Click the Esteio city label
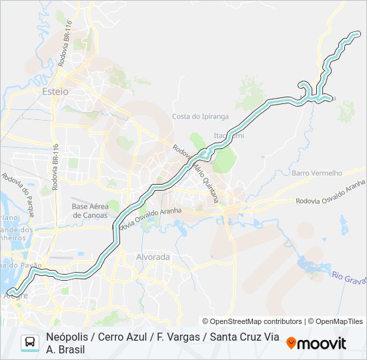click(55, 91)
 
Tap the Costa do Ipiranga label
click(200, 116)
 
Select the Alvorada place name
click(153, 257)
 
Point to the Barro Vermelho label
click(316, 173)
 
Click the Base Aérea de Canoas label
click(89, 211)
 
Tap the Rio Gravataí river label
click(348, 277)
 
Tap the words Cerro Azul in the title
click(124, 337)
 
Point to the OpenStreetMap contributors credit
click(252, 321)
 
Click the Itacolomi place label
click(228, 135)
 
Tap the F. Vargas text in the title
click(177, 337)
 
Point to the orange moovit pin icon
click(291, 343)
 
